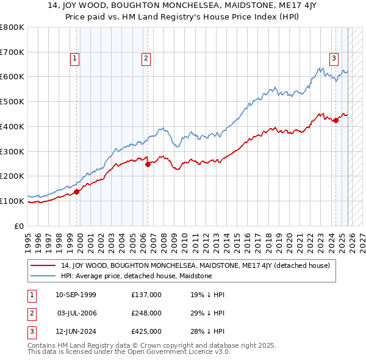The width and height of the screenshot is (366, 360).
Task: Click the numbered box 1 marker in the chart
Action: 74,59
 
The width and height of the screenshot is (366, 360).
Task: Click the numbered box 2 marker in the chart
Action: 146,59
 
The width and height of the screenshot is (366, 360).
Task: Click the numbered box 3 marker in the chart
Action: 334,59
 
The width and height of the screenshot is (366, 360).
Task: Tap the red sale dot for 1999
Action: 77,192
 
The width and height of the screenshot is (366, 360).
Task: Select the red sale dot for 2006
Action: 148,164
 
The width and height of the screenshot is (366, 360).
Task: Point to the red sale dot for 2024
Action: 335,120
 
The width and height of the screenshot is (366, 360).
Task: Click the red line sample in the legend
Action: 43,265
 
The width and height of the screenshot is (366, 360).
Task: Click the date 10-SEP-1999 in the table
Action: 76,295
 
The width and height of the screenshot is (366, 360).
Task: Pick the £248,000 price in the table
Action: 146,313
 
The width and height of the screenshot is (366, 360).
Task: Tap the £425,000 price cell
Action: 146,331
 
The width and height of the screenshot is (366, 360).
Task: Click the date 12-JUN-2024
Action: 76,331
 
